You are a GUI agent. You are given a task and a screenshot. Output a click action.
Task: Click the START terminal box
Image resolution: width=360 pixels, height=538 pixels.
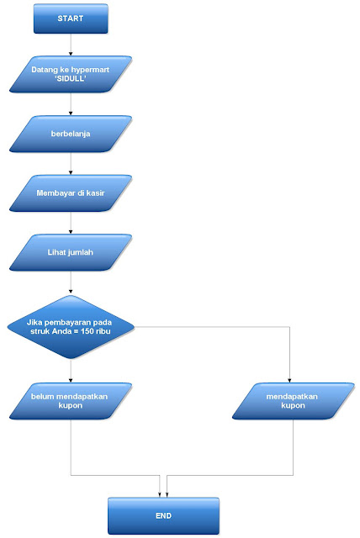[x=71, y=18]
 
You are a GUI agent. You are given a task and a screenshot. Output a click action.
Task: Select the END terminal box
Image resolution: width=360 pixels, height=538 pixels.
[x=163, y=514]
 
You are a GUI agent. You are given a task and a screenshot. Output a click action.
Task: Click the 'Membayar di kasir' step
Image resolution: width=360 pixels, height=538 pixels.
[x=71, y=193]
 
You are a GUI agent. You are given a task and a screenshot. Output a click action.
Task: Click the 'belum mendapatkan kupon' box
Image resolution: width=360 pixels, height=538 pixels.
[x=71, y=399]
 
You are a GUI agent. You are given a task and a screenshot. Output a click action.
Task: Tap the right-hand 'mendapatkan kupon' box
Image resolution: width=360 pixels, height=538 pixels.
[x=290, y=399]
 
